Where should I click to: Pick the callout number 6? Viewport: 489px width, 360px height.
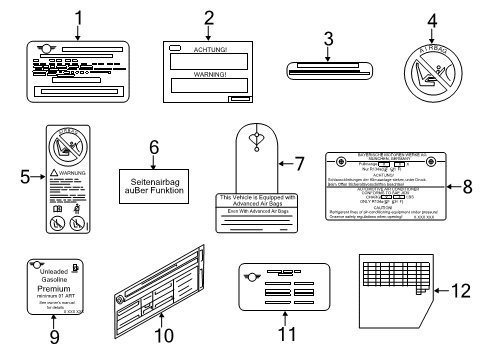[154, 146]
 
